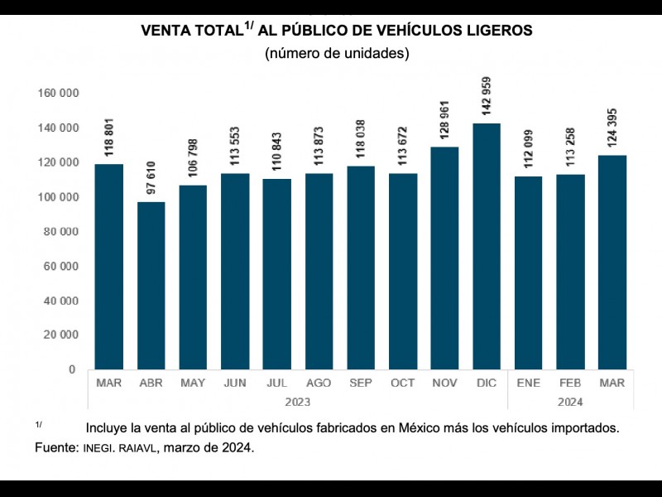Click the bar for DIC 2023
tap(487, 246)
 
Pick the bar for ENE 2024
tap(528, 273)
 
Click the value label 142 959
tap(487, 98)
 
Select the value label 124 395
tap(612, 133)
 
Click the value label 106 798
tap(193, 163)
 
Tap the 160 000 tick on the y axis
tap(58, 94)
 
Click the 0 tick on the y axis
tap(72, 369)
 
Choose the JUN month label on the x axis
tap(234, 384)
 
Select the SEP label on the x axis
tap(360, 384)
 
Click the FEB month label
tap(570, 384)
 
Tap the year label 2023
tap(297, 402)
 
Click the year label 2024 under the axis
tap(570, 402)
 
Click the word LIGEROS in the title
tap(493, 31)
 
